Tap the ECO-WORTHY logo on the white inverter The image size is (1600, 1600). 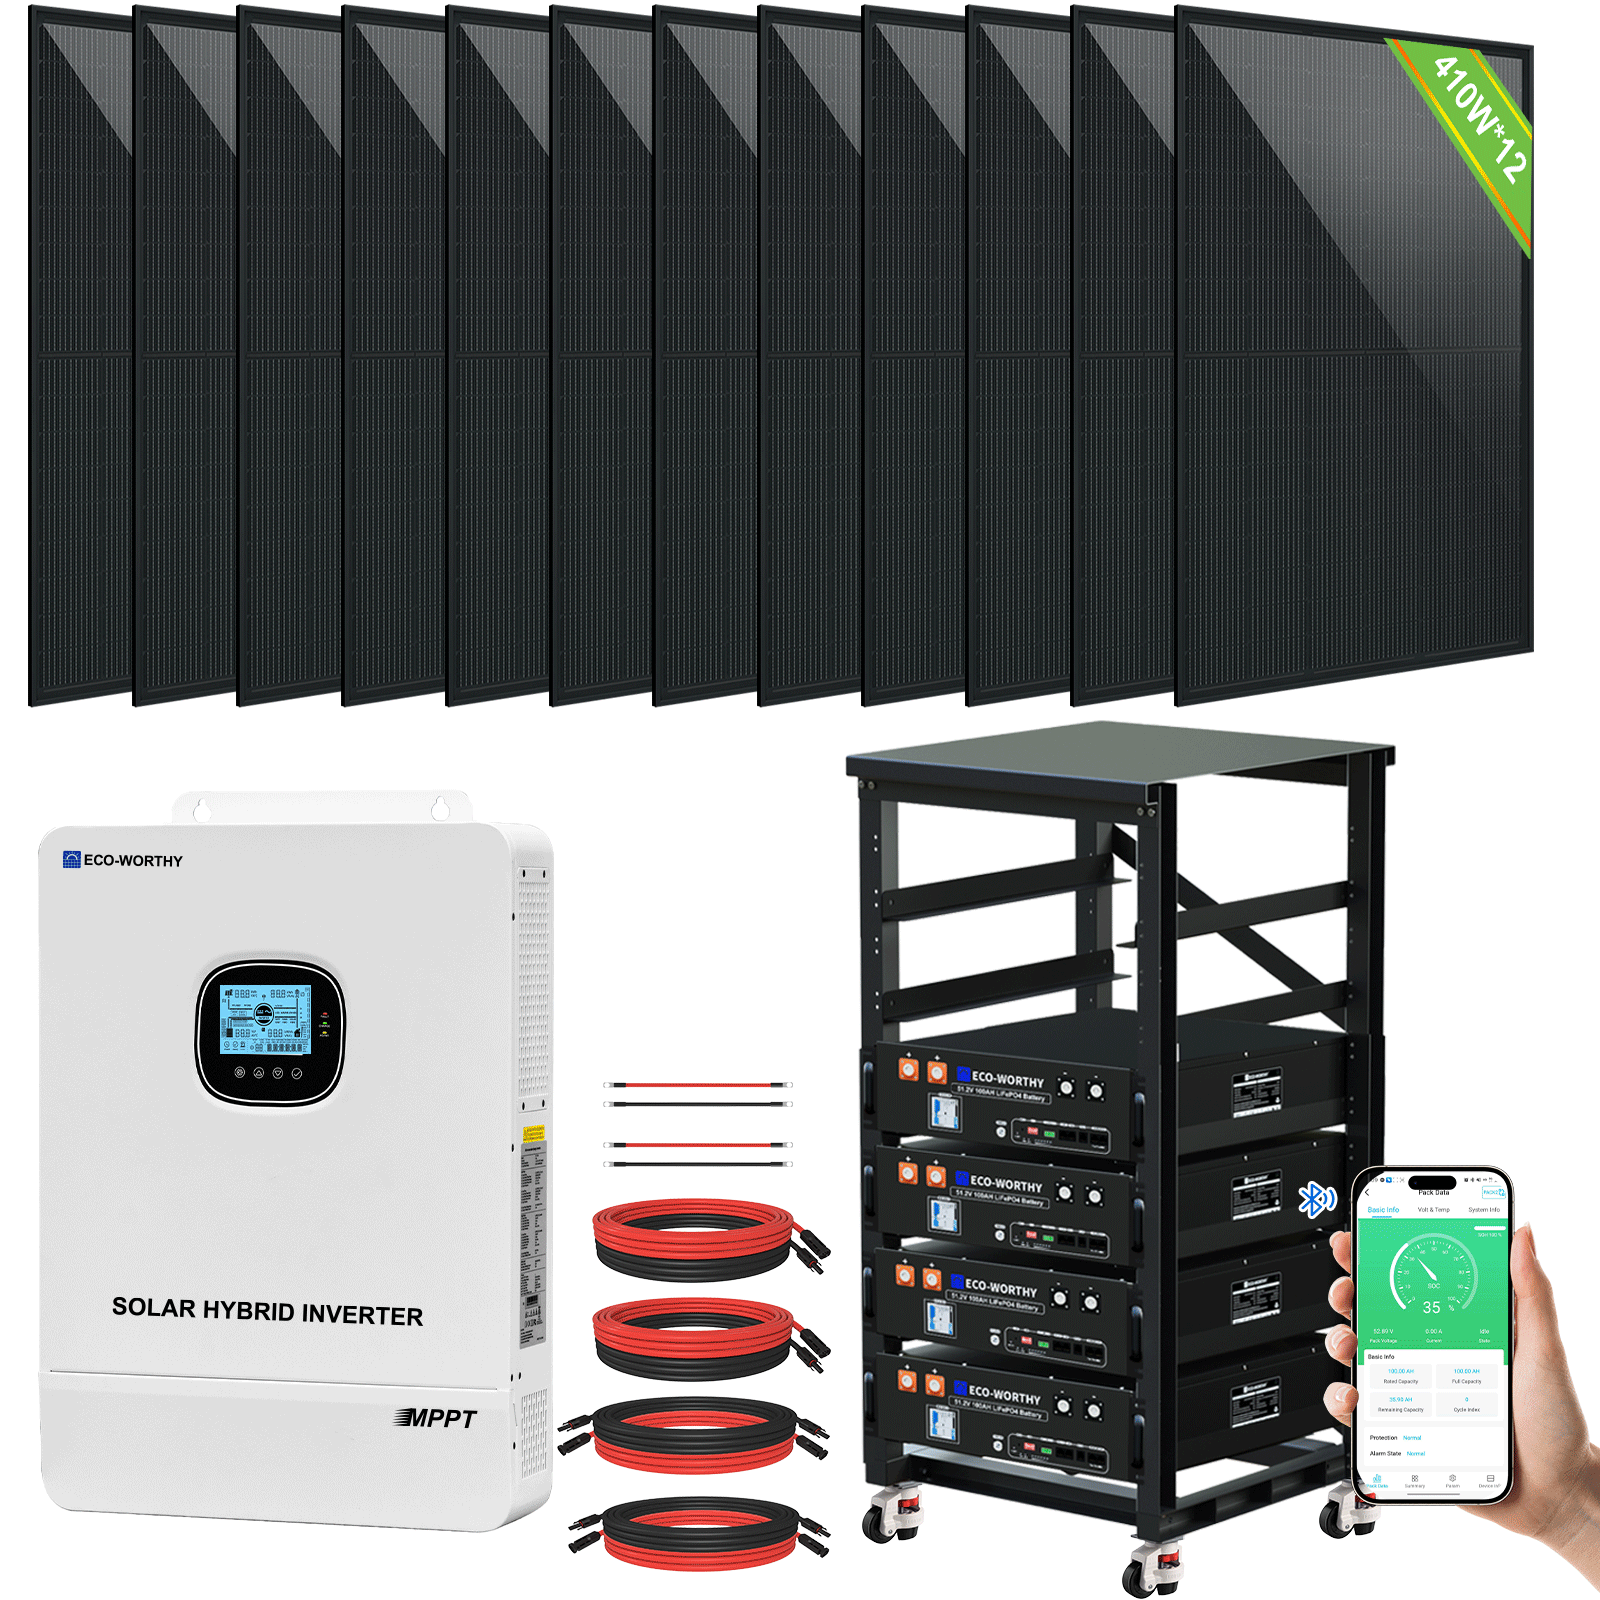(x=123, y=860)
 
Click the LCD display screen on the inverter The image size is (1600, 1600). (x=265, y=1019)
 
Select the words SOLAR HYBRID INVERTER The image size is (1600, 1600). (x=267, y=1311)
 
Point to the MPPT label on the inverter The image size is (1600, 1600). (x=437, y=1418)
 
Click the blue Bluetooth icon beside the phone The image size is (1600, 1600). (x=1316, y=1199)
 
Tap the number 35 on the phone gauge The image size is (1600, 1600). (x=1431, y=1307)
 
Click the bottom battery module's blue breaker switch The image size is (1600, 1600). (x=941, y=1421)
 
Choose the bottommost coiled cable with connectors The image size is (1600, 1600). (x=700, y=1532)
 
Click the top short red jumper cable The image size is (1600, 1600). (x=698, y=1084)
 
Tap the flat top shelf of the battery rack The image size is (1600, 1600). (x=1120, y=750)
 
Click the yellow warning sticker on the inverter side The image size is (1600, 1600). (x=534, y=1133)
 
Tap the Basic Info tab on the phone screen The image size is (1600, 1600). (x=1383, y=1210)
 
